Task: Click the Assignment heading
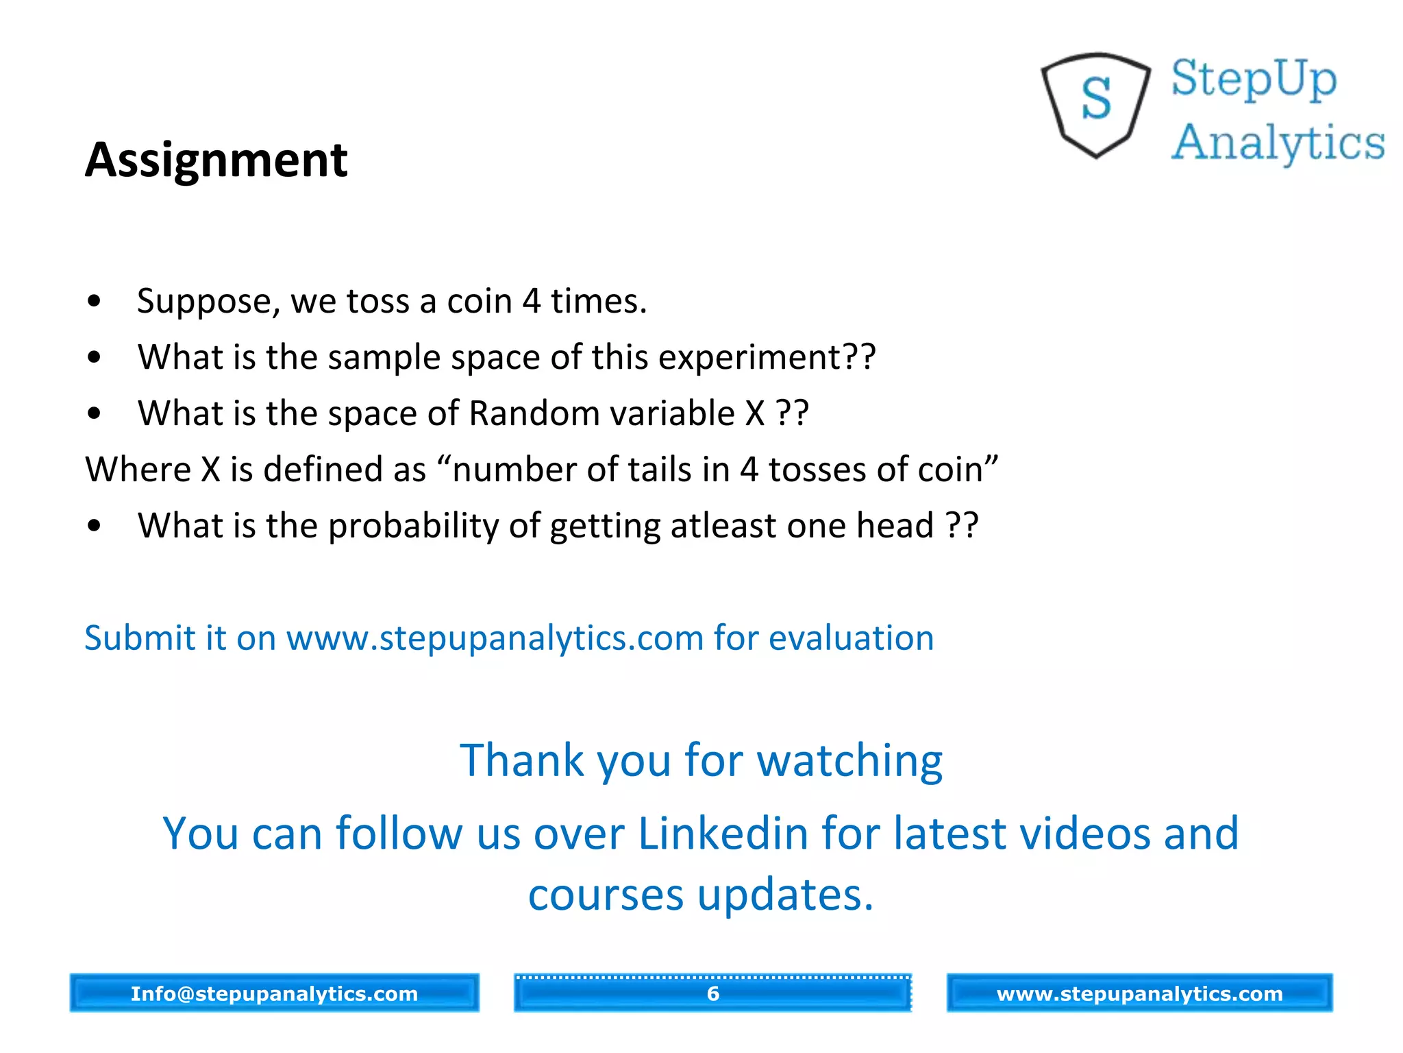[x=216, y=160]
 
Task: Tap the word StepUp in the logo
[x=1254, y=79]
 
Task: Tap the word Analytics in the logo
[x=1278, y=143]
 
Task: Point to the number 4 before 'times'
[x=531, y=302]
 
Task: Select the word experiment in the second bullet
[x=750, y=358]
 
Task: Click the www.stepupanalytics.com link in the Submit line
[x=495, y=639]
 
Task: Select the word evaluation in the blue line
[x=851, y=639]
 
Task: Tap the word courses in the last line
[x=606, y=895]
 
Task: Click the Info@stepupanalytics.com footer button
[x=274, y=993]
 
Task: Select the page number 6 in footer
[x=712, y=993]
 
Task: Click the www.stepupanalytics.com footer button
[x=1139, y=993]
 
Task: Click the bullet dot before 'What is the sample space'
[x=95, y=357]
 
